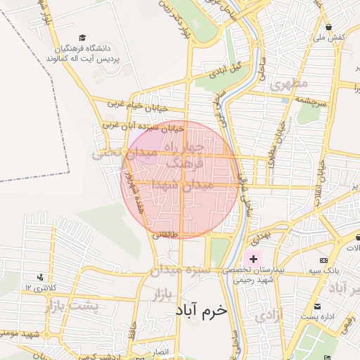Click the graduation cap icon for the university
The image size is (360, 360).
click(82, 37)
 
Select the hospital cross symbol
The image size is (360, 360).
click(253, 259)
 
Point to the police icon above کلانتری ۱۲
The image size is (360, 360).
click(39, 277)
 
